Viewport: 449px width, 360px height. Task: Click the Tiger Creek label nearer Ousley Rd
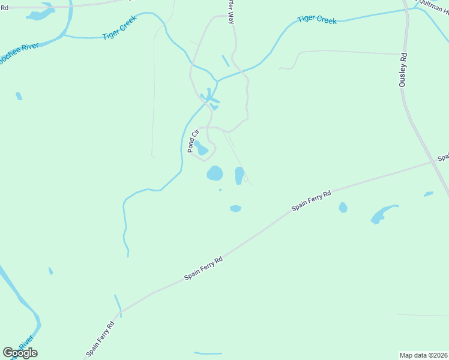coord(317,20)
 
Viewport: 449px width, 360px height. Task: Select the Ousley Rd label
coord(403,71)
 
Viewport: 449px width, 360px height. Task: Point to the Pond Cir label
coord(193,142)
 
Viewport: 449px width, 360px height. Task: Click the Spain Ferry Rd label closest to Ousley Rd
coord(312,201)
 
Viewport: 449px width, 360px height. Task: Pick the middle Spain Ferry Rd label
coord(203,268)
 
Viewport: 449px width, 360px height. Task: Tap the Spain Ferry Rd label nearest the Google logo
coord(100,339)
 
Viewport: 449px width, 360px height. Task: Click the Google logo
coord(20,353)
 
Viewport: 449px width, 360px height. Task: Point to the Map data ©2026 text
coord(423,355)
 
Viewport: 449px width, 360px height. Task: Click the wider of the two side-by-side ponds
coord(214,173)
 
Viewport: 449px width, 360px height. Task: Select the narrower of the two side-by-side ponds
coord(239,175)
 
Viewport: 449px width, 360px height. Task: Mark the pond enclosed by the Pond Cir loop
coord(201,148)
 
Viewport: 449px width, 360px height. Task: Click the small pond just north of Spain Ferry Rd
coord(235,208)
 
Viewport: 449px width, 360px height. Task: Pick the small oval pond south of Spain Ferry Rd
coord(343,208)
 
